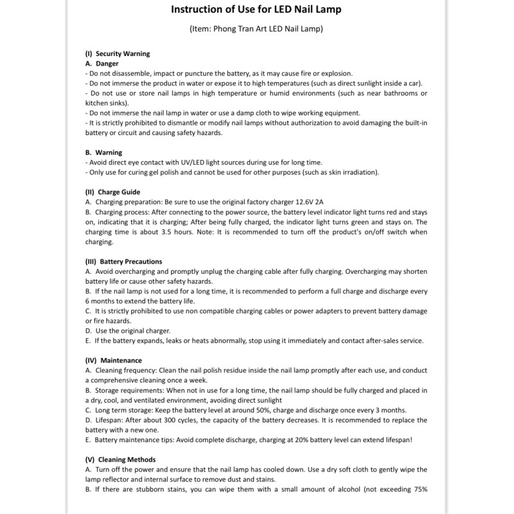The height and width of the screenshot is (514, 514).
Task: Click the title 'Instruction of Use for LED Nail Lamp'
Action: tap(256, 10)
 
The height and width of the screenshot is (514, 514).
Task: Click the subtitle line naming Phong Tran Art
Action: tap(256, 30)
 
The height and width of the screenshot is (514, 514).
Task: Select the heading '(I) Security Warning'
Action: tap(118, 54)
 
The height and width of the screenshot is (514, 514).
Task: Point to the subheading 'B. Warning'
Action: tap(103, 153)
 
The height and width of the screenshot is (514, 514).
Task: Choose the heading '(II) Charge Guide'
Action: tap(112, 192)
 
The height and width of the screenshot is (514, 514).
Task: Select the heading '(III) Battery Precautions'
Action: tap(123, 261)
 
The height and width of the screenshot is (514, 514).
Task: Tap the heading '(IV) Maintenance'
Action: tap(114, 360)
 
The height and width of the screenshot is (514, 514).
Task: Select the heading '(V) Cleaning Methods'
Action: tap(120, 459)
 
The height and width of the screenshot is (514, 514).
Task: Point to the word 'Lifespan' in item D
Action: tap(109, 420)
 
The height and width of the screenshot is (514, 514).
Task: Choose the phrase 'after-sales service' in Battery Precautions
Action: tap(393, 341)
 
